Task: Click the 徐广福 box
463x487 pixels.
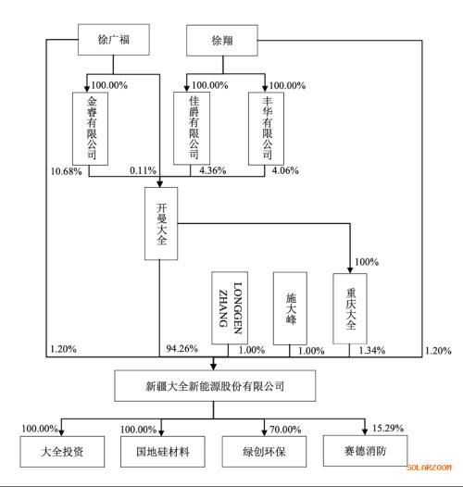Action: click(x=113, y=40)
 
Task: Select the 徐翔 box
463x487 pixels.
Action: click(x=222, y=41)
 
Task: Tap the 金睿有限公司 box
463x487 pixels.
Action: click(x=91, y=129)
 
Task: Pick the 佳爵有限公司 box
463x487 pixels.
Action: click(x=192, y=129)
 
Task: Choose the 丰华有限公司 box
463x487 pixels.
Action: click(x=266, y=129)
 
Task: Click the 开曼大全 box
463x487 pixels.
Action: click(x=161, y=223)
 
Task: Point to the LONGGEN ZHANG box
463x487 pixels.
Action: click(x=230, y=307)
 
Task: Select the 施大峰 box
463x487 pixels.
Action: click(x=290, y=308)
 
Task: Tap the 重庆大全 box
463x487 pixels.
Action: click(x=350, y=308)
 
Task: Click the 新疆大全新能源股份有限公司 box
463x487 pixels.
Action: click(x=215, y=385)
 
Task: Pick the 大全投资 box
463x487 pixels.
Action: click(x=62, y=452)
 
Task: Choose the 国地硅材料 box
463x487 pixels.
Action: click(x=163, y=452)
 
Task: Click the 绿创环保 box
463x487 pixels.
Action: click(x=264, y=452)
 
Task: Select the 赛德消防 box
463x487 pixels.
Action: click(x=366, y=451)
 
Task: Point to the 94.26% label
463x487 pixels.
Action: click(x=182, y=348)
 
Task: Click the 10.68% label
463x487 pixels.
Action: click(x=67, y=171)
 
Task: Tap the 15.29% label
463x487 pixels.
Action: click(x=388, y=429)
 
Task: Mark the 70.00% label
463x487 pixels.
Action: click(x=285, y=430)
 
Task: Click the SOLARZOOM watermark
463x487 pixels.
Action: click(x=429, y=468)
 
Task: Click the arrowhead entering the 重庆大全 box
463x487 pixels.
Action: click(x=350, y=270)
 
